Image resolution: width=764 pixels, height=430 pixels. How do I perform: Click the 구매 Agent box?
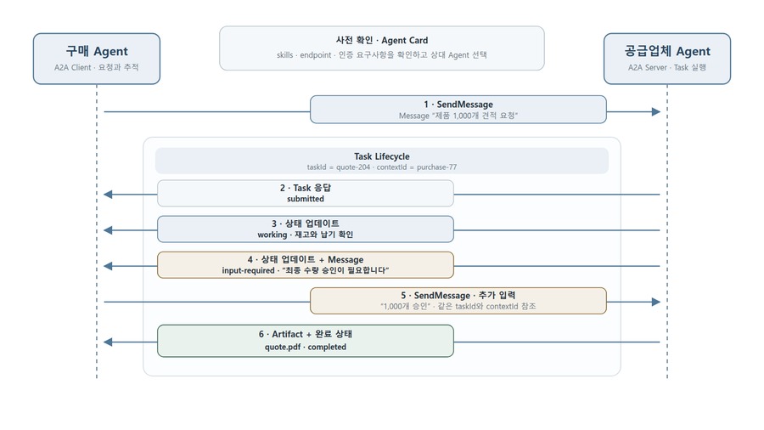click(97, 59)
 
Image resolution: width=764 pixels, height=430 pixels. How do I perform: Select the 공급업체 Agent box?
click(667, 59)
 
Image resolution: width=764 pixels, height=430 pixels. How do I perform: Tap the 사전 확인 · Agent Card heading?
click(382, 41)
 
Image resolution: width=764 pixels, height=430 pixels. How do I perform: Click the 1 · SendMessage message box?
click(458, 110)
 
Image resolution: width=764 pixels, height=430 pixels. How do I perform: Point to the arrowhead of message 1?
click(656, 111)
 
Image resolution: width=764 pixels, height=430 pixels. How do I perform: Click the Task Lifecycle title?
click(382, 156)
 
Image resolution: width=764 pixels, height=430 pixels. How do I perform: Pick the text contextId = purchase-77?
click(417, 167)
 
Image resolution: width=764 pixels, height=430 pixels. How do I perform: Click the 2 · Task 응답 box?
click(306, 193)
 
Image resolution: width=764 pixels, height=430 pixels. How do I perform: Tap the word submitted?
click(306, 199)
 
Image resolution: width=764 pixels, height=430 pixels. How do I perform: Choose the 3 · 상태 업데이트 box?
click(306, 229)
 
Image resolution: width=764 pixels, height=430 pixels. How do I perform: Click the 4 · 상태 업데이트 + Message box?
click(306, 265)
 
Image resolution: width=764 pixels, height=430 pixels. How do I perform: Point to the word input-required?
click(249, 270)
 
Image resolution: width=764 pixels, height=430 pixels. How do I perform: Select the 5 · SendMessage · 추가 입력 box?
click(458, 301)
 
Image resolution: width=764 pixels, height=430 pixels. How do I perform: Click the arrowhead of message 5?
click(656, 302)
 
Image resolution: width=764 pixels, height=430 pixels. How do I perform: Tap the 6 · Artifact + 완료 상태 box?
click(306, 341)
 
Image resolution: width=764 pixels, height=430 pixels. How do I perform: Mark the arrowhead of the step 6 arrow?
click(108, 342)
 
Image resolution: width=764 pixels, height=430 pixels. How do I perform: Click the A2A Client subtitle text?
click(73, 67)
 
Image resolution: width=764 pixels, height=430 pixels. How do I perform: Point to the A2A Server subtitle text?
click(648, 67)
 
